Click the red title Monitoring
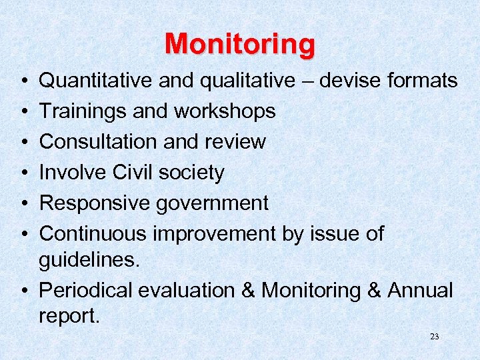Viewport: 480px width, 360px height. [x=239, y=44]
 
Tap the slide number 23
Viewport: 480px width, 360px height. [x=435, y=337]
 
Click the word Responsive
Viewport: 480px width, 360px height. [x=94, y=203]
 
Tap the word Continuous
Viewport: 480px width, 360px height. [x=93, y=233]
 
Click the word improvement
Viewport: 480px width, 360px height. [x=214, y=233]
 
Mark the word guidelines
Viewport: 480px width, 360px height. [x=89, y=261]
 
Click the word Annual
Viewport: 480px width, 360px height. [x=420, y=291]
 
